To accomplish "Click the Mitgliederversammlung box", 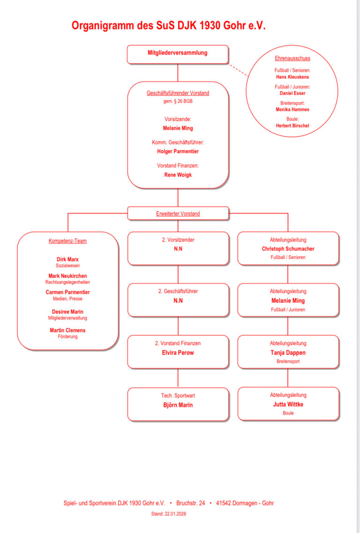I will click(178, 53).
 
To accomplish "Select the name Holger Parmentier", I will click(178, 151).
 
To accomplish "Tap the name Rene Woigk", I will click(178, 175).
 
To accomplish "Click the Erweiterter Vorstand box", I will click(178, 214).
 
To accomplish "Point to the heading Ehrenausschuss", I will click(292, 59).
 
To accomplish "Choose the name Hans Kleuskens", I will click(292, 77).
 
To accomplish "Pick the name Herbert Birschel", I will click(292, 126).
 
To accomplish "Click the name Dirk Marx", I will click(67, 259).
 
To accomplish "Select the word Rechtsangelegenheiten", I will click(67, 282).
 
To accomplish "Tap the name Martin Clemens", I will click(67, 330).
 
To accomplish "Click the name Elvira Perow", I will click(178, 353).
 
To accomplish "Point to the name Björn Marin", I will click(178, 405).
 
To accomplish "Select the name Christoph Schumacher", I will click(288, 249).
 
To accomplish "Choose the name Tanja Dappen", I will click(288, 353).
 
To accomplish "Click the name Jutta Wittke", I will click(288, 404).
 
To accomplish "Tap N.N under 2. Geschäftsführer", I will click(178, 301).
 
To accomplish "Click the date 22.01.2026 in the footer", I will click(176, 514).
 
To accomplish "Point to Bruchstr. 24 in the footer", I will click(191, 503).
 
